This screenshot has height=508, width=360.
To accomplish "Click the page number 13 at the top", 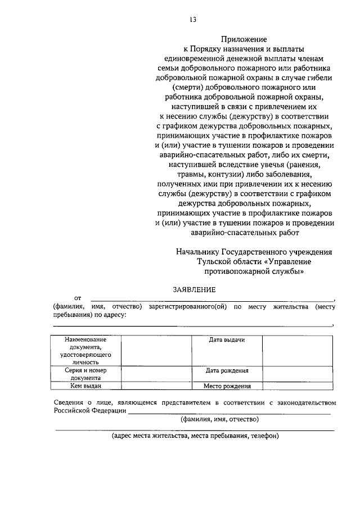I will coord(192,20).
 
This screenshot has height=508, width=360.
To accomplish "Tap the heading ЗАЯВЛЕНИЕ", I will coord(194,289).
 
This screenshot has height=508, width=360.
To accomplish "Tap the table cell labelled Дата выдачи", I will coord(227,340).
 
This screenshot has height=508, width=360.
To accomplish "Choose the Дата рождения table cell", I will coord(227,371).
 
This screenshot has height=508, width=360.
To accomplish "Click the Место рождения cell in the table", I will coord(227,386).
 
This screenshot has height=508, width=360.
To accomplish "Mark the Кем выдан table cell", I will coord(85,386).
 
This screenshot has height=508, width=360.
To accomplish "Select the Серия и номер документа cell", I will coord(85,374).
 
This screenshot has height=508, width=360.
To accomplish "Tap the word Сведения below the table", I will coord(69,402).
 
